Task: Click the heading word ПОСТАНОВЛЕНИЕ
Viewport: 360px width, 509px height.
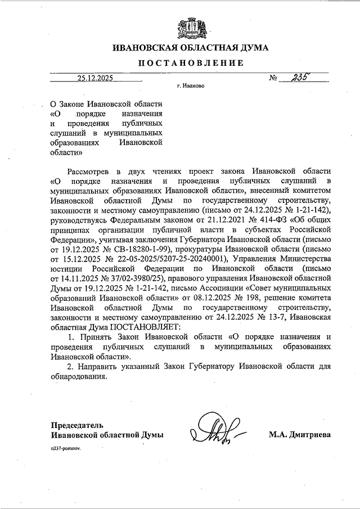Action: pos(187,63)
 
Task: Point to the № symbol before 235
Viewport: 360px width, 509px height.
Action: pos(274,79)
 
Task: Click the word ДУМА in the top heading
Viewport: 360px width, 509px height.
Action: pos(251,47)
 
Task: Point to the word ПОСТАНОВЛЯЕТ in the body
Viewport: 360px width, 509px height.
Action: pos(146,326)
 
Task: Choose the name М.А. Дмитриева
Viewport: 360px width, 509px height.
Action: pos(300,435)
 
